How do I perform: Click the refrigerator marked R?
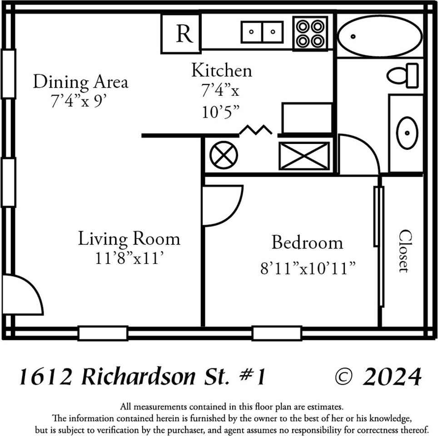[x=181, y=34]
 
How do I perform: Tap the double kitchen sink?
[x=262, y=32]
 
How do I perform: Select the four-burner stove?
[x=311, y=33]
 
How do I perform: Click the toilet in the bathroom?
[x=403, y=75]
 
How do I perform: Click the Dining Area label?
[x=80, y=82]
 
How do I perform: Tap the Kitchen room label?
[x=221, y=71]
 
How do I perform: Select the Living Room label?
[x=129, y=239]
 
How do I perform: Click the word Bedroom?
[x=307, y=243]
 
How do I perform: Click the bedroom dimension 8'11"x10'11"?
[x=307, y=268]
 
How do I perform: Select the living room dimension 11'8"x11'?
[x=129, y=258]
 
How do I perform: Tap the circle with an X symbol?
[x=224, y=155]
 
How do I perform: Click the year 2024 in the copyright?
[x=392, y=377]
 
